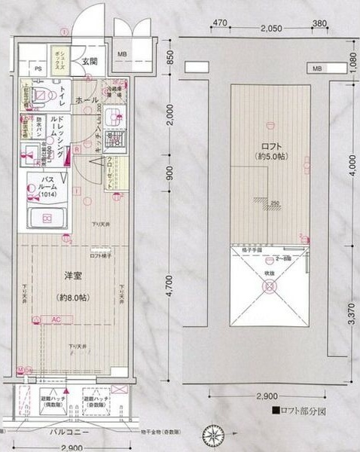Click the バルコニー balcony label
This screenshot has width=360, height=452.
point(71,434)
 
